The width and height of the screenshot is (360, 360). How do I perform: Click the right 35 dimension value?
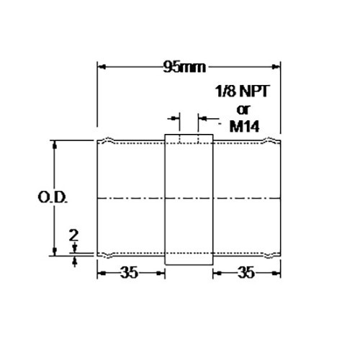coord(246,273)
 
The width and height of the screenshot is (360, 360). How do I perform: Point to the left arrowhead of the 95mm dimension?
coord(102,68)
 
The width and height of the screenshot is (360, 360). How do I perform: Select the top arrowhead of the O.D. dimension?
coord(54,144)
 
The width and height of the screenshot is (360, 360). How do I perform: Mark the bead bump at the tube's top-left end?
coord(109,140)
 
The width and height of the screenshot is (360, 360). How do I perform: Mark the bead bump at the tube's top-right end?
coord(269,140)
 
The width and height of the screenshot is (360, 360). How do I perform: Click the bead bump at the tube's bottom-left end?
coord(109,254)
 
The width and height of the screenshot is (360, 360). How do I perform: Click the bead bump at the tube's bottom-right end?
coord(269,254)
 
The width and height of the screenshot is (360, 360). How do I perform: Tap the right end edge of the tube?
coord(280,197)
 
